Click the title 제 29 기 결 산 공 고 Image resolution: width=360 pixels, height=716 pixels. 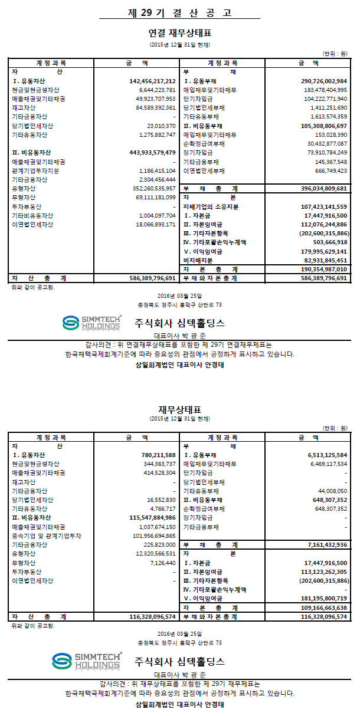click(x=180, y=12)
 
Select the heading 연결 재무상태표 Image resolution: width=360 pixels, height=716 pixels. click(x=180, y=33)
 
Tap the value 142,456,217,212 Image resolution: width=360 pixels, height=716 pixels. click(x=152, y=81)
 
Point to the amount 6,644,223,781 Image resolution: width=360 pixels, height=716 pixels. click(x=155, y=90)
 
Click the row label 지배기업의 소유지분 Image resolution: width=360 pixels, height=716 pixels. click(x=211, y=207)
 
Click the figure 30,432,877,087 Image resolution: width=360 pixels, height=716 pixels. click(x=326, y=143)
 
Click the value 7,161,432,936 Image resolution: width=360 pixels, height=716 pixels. click(x=324, y=545)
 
